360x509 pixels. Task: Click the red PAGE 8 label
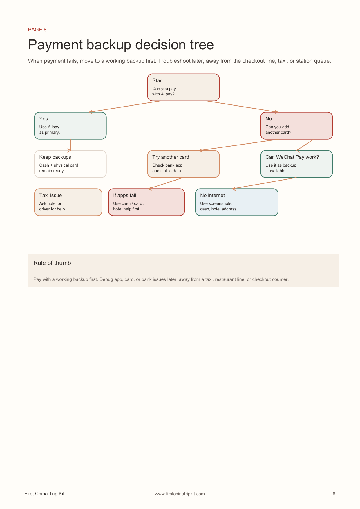(x=37, y=30)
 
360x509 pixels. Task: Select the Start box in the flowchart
(x=183, y=87)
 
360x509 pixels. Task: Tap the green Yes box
(x=70, y=126)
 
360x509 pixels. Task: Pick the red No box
(x=296, y=126)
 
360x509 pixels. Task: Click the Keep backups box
(x=70, y=164)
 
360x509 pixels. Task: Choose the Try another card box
(x=183, y=164)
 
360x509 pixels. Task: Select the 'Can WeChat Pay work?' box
(x=296, y=164)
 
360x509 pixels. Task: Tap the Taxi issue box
(x=68, y=202)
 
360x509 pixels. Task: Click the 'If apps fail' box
(x=146, y=202)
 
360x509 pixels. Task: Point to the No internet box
(x=237, y=202)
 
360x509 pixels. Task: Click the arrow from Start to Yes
(x=125, y=107)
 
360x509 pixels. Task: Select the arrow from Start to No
(x=242, y=107)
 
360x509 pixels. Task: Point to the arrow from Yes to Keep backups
(x=70, y=145)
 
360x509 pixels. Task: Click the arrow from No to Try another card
(x=239, y=145)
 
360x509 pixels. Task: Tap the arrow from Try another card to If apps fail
(x=166, y=183)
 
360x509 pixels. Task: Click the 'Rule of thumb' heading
(x=52, y=263)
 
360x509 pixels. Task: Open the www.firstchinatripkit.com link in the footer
(x=180, y=494)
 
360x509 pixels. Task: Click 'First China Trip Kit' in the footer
(x=44, y=494)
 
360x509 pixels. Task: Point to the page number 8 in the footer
(x=334, y=494)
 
